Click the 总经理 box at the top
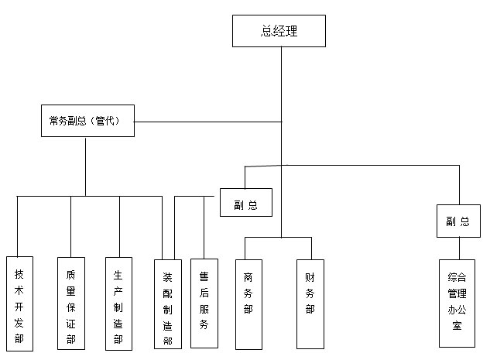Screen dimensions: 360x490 coord(279,31)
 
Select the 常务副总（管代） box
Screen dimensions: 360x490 coord(87,121)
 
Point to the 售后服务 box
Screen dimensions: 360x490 coord(204,303)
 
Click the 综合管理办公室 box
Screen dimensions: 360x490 coord(457,302)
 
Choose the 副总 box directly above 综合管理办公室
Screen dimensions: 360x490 coord(457,221)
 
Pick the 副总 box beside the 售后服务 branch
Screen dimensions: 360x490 coord(245,205)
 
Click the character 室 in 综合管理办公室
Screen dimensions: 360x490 coord(457,326)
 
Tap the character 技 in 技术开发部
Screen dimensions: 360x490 coord(19,274)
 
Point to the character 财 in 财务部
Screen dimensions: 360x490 coord(310,276)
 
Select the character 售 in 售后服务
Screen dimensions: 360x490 coord(204,274)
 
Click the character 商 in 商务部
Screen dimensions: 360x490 coord(248,276)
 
